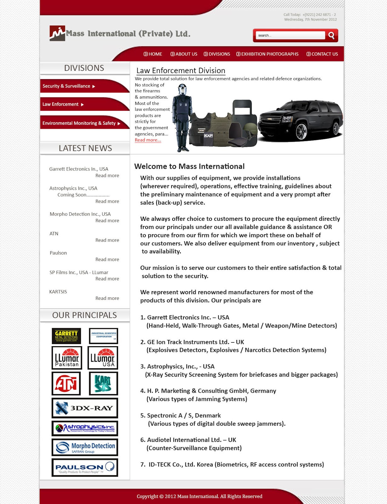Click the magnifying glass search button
tap(331, 35)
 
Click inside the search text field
tap(290, 35)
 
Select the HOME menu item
tap(153, 54)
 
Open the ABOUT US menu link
tap(184, 54)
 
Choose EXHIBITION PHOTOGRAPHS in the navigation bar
tap(267, 54)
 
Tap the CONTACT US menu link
tap(322, 54)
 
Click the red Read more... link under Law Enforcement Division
tap(148, 140)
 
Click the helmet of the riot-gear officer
tap(182, 89)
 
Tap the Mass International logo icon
tap(57, 33)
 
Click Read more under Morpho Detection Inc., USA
tap(107, 220)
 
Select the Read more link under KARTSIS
tap(107, 298)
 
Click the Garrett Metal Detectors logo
tap(66, 336)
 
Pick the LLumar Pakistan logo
tap(67, 358)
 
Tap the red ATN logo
tap(66, 383)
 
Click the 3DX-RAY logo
tap(85, 408)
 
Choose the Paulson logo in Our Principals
tap(85, 467)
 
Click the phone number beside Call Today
tap(319, 15)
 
